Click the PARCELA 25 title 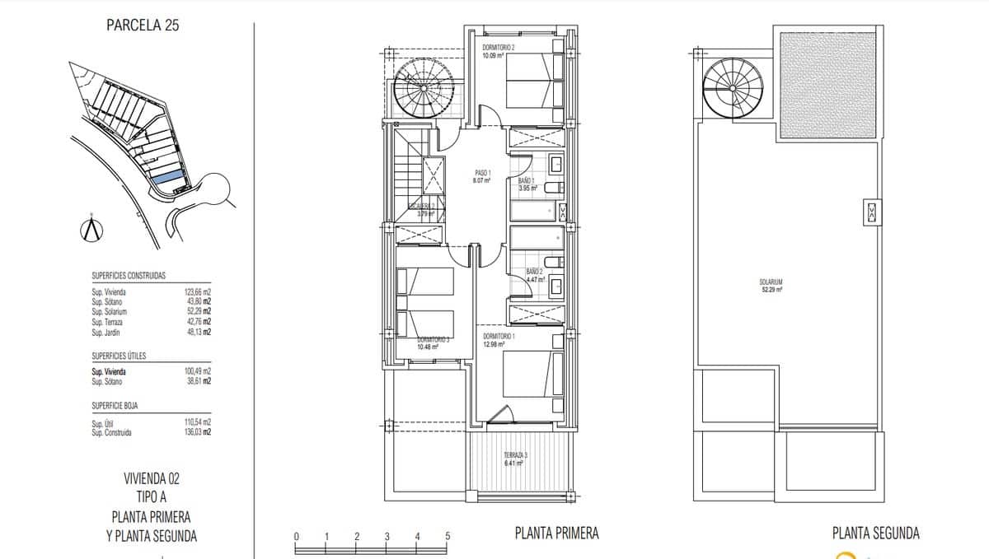143,25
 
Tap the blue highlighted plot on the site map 168,177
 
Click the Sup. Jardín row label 108,333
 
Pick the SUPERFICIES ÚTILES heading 119,356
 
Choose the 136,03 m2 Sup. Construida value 198,432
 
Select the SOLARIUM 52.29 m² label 771,286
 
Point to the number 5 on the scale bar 448,537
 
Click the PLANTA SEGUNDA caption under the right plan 875,533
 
